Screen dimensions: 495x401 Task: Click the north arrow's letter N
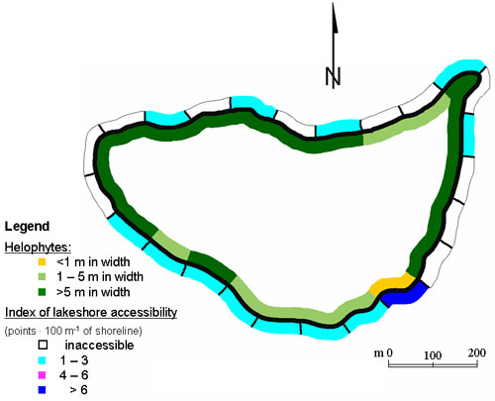click(333, 76)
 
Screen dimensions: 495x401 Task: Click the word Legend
click(27, 227)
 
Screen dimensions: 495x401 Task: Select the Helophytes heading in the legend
click(38, 248)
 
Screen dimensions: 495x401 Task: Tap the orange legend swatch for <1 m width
click(42, 262)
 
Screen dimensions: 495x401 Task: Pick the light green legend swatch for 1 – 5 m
click(42, 276)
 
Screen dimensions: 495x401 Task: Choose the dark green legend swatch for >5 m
click(42, 292)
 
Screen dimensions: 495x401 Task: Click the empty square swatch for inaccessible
click(43, 346)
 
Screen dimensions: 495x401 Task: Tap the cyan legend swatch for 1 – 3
click(42, 360)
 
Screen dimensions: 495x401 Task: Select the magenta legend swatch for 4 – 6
click(42, 375)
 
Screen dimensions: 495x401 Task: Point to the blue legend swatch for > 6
click(42, 390)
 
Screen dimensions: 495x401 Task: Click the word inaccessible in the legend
click(99, 346)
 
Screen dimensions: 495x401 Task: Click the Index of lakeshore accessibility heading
click(91, 312)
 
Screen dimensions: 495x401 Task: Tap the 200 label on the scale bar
click(476, 352)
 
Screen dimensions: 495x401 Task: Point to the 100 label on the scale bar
click(433, 355)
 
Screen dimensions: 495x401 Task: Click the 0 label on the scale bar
click(389, 352)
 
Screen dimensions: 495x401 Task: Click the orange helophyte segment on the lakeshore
click(391, 284)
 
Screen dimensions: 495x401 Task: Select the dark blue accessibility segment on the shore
click(405, 294)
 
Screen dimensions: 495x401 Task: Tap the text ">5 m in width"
click(93, 292)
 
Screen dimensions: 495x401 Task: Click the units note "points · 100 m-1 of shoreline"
click(73, 331)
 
